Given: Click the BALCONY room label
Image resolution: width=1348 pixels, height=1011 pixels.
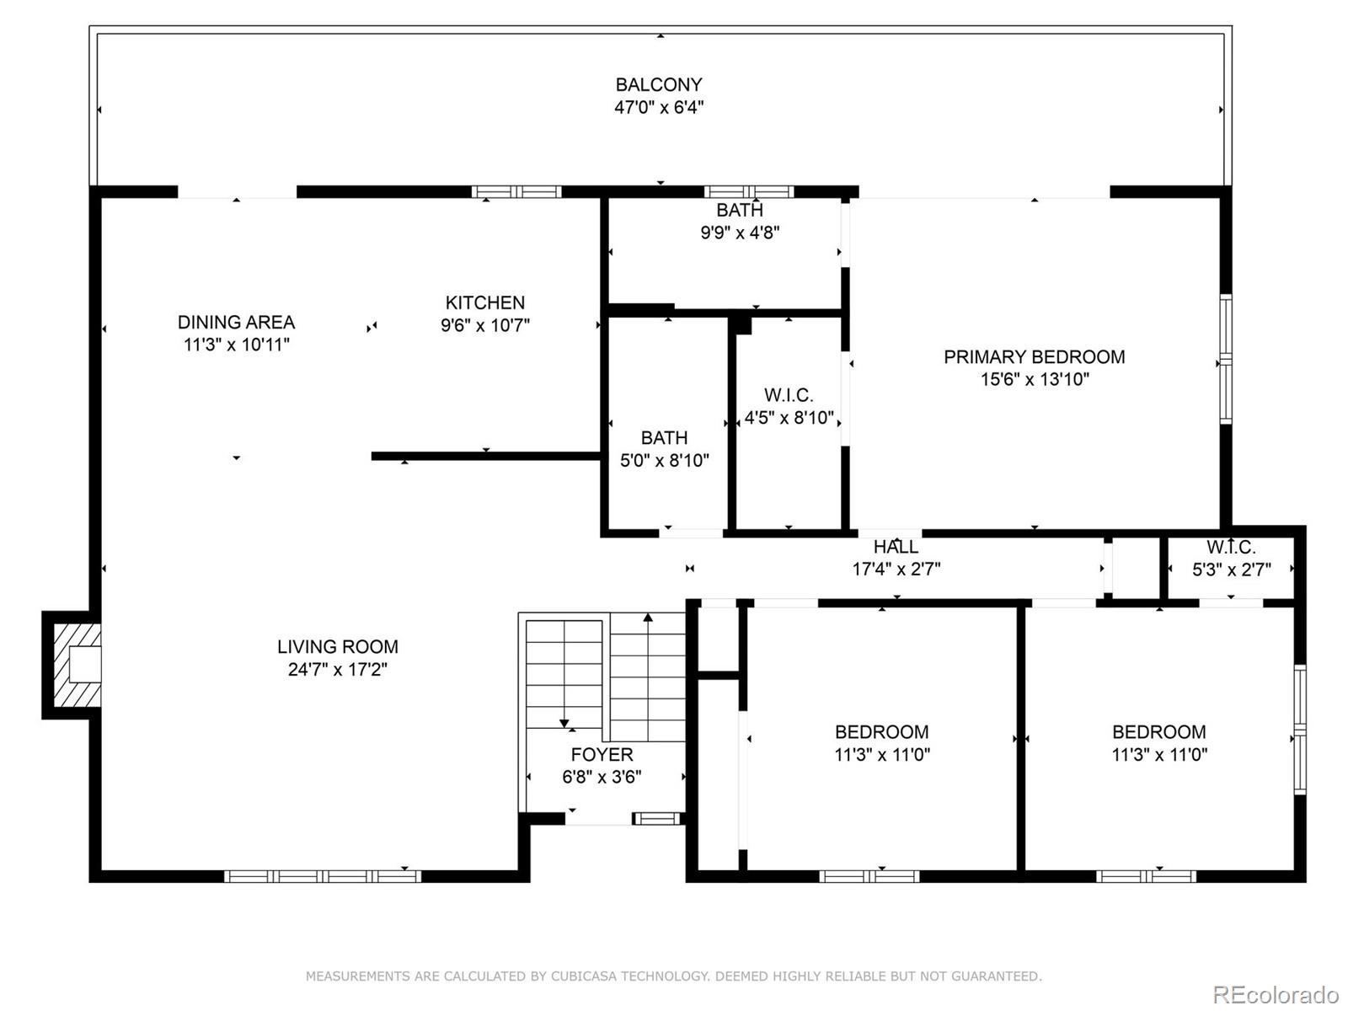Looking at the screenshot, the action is tap(658, 85).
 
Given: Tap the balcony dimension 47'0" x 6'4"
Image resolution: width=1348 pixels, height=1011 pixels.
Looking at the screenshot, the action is tap(658, 108).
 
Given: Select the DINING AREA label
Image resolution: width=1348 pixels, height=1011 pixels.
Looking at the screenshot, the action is tap(237, 323).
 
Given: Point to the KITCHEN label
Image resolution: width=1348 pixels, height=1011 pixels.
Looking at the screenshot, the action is tap(485, 302).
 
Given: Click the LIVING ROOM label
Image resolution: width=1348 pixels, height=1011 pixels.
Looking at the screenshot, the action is tap(338, 646).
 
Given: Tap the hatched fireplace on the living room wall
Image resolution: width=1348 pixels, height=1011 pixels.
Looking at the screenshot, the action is tap(78, 666).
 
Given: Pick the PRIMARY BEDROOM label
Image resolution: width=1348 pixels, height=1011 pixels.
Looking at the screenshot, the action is tap(1035, 356).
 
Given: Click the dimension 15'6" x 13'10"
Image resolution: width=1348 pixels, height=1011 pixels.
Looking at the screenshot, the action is tap(1035, 379).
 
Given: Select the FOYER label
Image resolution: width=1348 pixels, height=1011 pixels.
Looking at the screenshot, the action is tap(602, 754).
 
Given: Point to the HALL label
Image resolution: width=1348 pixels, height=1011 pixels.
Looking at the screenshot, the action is tap(896, 546).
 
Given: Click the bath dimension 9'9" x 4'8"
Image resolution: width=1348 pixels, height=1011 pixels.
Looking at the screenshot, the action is tap(740, 233).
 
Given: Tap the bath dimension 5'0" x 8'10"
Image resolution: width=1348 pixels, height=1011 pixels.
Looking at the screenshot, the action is tap(665, 460).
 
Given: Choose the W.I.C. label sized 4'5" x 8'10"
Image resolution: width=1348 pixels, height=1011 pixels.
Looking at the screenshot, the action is tap(789, 394).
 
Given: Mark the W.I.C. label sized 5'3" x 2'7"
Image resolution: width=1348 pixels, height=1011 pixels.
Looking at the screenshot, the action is tap(1232, 547).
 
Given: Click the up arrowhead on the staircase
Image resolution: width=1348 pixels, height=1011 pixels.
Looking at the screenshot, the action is tap(648, 618).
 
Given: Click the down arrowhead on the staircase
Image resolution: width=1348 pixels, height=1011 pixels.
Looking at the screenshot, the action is tap(564, 723).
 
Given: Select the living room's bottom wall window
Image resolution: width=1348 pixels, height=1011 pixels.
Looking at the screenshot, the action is tap(323, 876).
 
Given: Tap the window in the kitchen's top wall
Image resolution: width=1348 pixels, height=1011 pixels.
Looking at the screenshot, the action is tap(516, 191).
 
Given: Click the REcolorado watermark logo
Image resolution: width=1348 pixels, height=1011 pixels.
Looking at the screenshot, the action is tap(1275, 994).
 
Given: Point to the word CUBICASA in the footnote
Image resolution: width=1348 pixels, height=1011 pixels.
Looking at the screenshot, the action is tap(583, 976).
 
